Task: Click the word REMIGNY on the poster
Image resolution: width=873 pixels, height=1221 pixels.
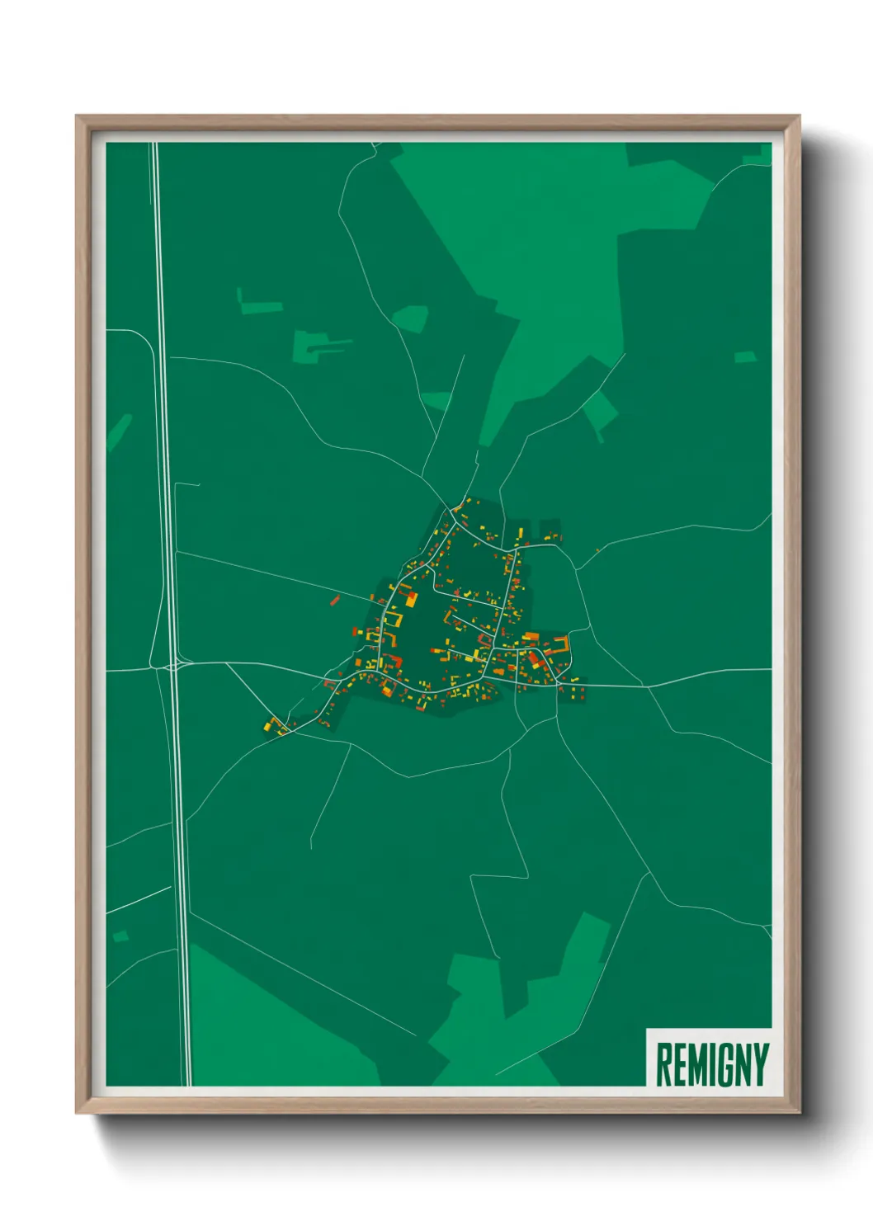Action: point(712,1064)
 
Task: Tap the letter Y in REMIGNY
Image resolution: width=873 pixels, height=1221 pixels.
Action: point(760,1064)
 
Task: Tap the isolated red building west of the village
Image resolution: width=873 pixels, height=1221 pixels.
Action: point(335,600)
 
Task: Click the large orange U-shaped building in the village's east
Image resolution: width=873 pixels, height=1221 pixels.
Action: point(560,647)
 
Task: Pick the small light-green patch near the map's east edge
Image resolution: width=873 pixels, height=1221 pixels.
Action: point(745,357)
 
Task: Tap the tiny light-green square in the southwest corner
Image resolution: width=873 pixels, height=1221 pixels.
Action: point(120,936)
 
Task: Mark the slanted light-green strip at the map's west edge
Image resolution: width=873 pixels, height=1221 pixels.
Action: point(119,431)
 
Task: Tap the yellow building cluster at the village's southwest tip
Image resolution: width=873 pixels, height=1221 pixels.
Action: point(275,726)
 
